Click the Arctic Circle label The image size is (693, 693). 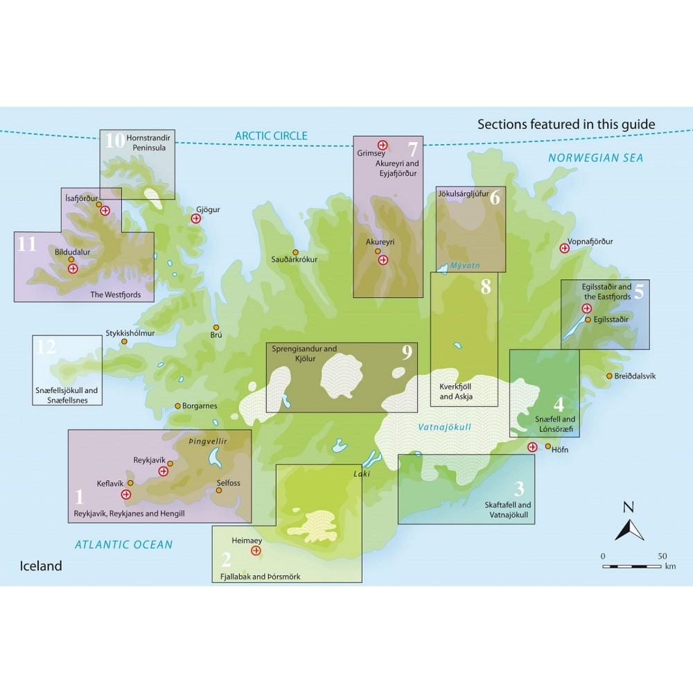[x=271, y=136]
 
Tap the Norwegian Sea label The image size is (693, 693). [x=595, y=158]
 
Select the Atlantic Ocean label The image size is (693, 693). [x=124, y=545]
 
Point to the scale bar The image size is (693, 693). [x=632, y=566]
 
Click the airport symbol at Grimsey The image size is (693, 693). [x=383, y=145]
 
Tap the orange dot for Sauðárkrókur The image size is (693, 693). [x=295, y=252]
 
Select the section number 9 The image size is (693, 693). [x=407, y=352]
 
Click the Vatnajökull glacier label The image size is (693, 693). [x=445, y=427]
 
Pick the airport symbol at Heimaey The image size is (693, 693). [x=256, y=551]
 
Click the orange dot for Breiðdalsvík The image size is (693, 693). [x=609, y=376]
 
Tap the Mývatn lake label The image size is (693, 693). [x=465, y=265]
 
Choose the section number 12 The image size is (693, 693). [x=46, y=347]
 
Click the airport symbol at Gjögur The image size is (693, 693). [x=196, y=218]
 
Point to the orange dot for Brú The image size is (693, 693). [x=216, y=328]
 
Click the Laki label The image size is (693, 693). [x=362, y=474]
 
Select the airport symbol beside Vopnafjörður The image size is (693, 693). [x=564, y=248]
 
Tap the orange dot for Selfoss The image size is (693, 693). [x=219, y=490]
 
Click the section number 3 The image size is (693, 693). [x=519, y=489]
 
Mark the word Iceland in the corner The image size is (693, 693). [x=41, y=566]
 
